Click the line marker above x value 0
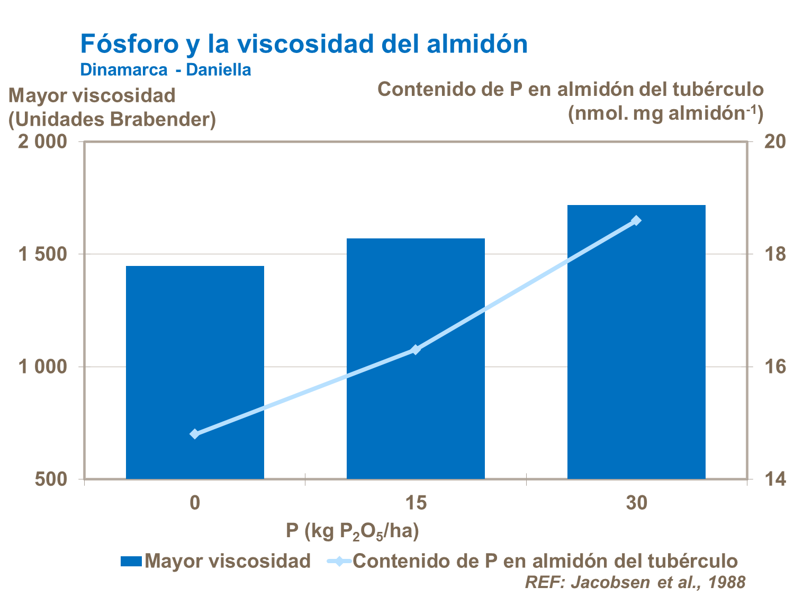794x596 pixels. point(195,434)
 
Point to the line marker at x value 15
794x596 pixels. point(416,349)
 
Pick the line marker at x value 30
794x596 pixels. point(636,220)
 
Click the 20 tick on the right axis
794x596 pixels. point(773,142)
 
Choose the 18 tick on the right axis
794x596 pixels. point(773,254)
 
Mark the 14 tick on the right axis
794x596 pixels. point(773,479)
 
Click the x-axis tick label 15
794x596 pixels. point(416,503)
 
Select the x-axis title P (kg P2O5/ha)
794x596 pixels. point(353,531)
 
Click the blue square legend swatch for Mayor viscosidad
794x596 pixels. point(131,561)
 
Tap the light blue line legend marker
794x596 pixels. point(338,561)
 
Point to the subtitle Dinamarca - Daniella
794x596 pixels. point(166,69)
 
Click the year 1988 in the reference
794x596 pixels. point(726,582)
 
